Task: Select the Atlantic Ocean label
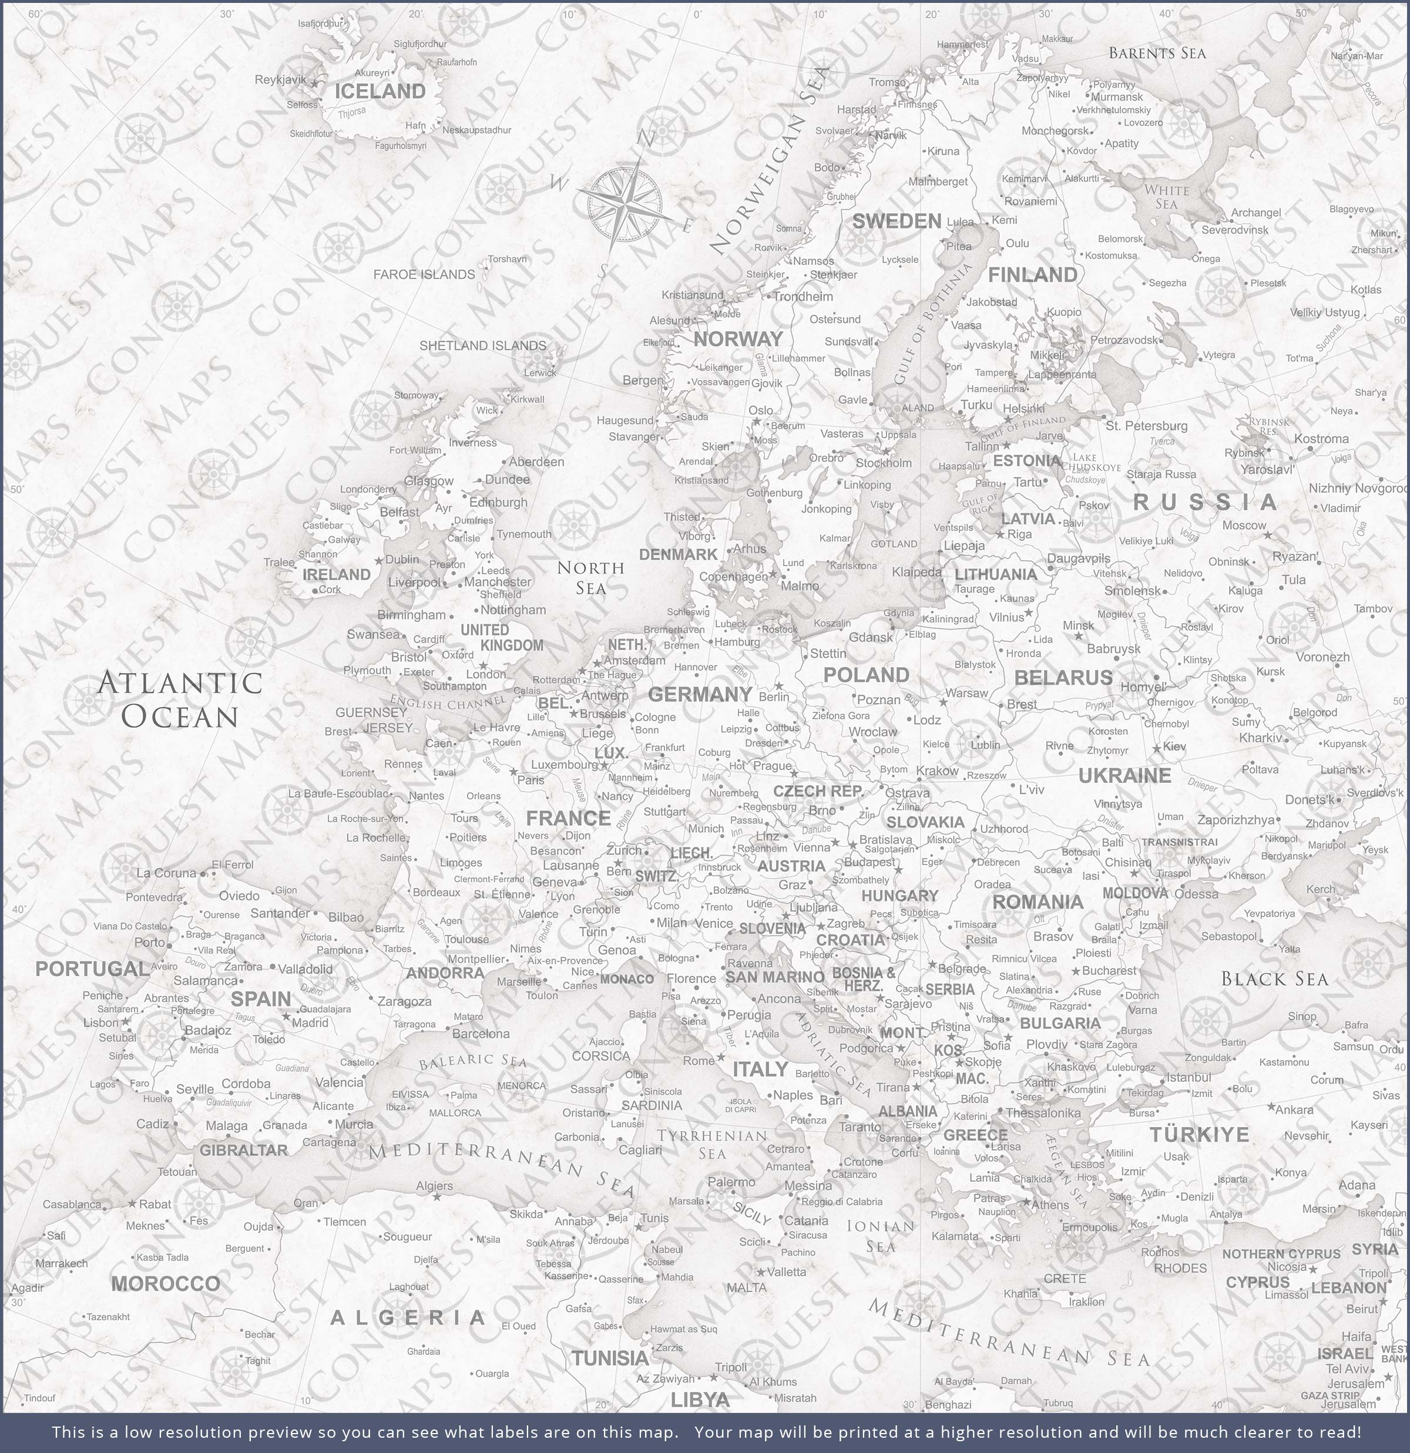pos(180,699)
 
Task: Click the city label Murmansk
pos(1117,96)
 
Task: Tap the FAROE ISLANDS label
pos(424,274)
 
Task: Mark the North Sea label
pos(590,577)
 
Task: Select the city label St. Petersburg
pos(1146,426)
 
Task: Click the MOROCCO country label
pos(166,1283)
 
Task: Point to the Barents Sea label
pos(1157,53)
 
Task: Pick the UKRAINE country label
pos(1124,775)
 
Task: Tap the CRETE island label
pos(1065,1279)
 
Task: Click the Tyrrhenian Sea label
pos(712,1144)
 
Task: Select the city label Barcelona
pos(481,1034)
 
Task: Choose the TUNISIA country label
pos(610,1357)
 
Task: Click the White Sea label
pos(1166,196)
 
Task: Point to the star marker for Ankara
pos(1271,1107)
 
